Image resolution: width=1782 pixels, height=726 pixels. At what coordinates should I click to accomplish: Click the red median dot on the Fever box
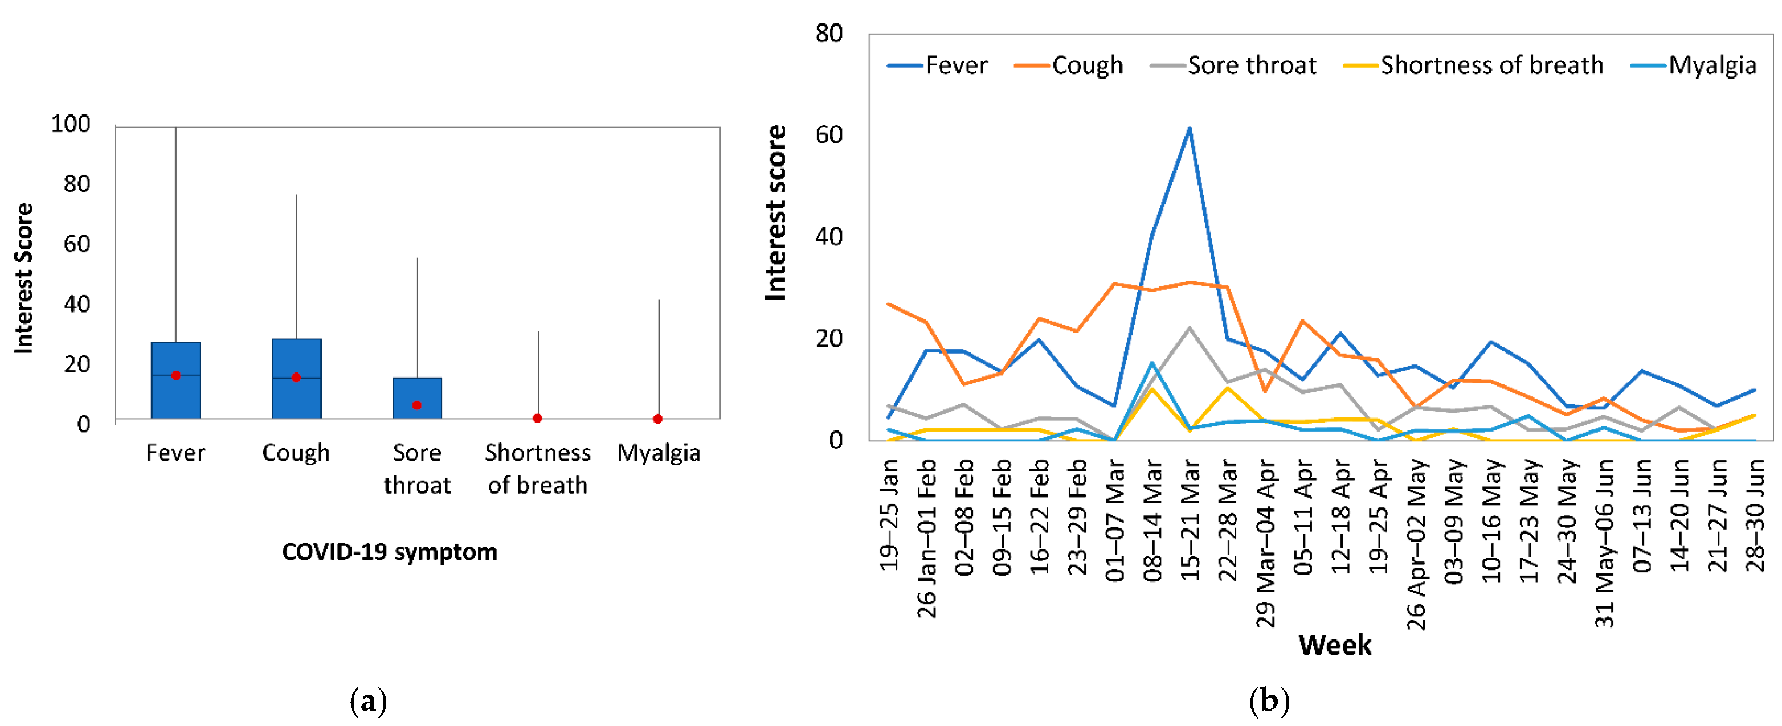[x=175, y=375]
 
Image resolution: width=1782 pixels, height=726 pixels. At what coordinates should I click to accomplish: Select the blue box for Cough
[x=296, y=397]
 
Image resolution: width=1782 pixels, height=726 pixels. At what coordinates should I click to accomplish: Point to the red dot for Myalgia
[x=658, y=419]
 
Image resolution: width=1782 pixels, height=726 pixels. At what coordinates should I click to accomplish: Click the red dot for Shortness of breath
[x=538, y=419]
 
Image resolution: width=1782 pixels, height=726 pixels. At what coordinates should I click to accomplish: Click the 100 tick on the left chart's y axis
[x=71, y=125]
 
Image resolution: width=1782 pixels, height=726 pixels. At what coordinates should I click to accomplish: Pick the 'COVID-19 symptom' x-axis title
[x=390, y=552]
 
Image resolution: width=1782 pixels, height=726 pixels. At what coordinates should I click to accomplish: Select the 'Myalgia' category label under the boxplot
[x=659, y=453]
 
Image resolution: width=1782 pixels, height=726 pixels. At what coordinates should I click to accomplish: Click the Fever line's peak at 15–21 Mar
[x=1189, y=129]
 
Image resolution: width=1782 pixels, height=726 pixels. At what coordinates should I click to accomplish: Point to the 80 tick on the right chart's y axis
[x=829, y=33]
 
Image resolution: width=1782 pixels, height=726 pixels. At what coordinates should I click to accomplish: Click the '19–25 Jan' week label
[x=889, y=515]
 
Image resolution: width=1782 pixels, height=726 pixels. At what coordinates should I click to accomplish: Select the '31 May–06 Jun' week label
[x=1604, y=543]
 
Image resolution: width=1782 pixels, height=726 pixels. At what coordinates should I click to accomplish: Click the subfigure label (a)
[x=368, y=702]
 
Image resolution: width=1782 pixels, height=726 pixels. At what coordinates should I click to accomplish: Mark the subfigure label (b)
[x=1269, y=702]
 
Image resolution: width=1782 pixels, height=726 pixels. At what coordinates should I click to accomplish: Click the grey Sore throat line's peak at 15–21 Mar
[x=1189, y=328]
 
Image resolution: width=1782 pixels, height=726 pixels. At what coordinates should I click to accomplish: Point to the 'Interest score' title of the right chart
[x=776, y=212]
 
